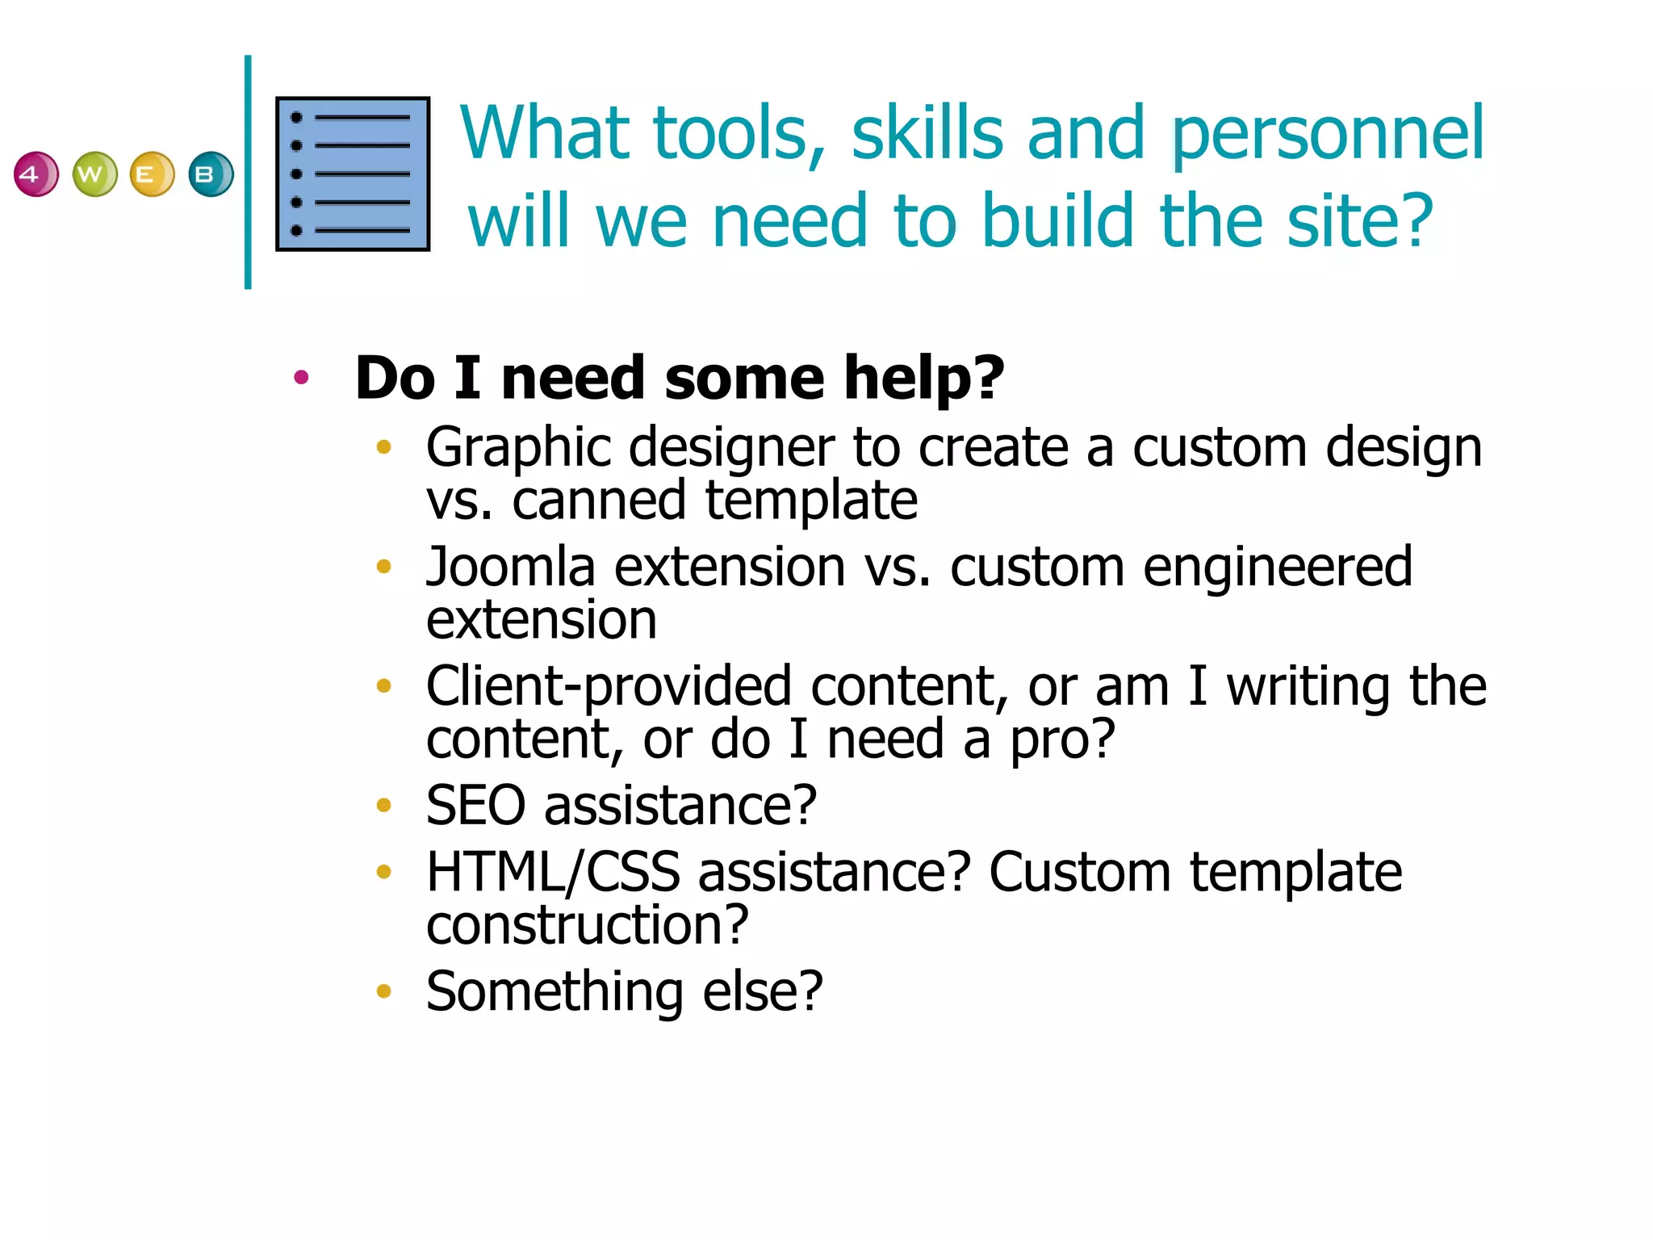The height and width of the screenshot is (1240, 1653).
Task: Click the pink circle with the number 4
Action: [36, 174]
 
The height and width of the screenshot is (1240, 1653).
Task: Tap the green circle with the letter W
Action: [94, 174]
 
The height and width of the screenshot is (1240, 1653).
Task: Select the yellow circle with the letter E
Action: [152, 174]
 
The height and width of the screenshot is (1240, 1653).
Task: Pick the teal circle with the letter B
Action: [211, 174]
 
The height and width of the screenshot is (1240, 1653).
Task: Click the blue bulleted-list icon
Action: [353, 174]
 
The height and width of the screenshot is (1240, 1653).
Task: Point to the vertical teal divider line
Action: [248, 172]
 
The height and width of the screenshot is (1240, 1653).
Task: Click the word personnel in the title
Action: [1327, 134]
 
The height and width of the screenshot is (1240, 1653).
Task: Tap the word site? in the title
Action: [1360, 221]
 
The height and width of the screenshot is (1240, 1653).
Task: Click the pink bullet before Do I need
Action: [302, 377]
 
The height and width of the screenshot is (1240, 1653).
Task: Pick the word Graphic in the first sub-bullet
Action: [518, 449]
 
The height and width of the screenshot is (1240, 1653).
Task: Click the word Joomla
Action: [510, 567]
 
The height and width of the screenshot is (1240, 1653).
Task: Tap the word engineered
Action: [1278, 568]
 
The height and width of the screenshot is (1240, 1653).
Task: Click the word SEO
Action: [475, 806]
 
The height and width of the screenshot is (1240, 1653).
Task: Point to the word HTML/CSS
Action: [553, 873]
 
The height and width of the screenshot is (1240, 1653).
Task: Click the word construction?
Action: [587, 925]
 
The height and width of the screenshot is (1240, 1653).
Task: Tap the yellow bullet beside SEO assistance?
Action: [384, 805]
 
